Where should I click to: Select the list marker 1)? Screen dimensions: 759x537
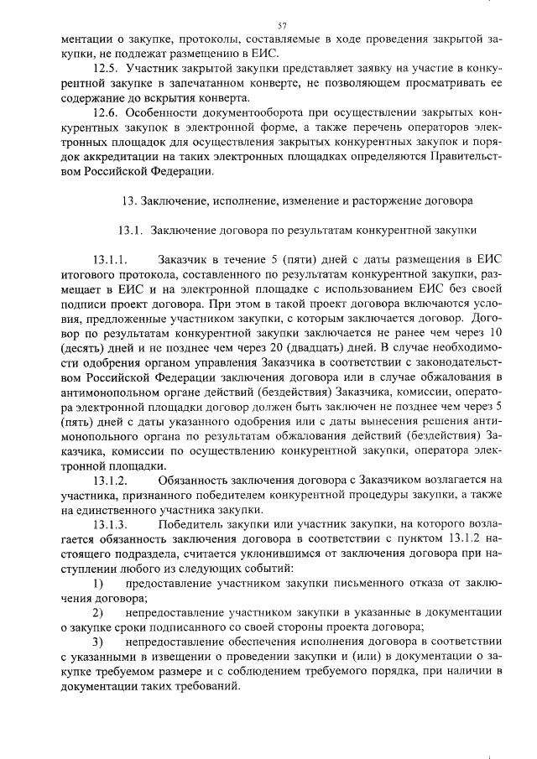(97, 582)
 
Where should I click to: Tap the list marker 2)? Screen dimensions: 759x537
(97, 611)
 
